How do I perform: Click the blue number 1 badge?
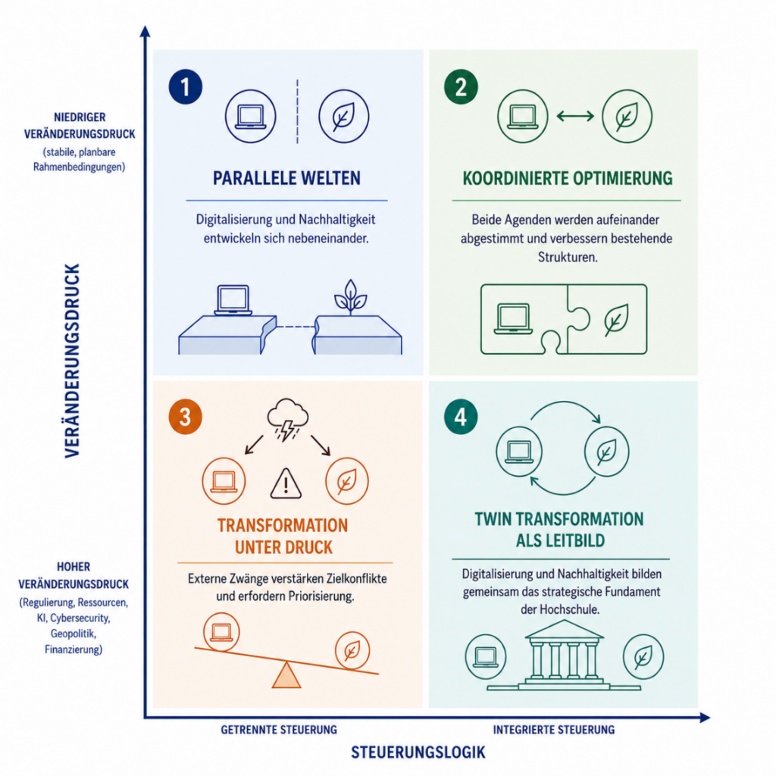tap(186, 87)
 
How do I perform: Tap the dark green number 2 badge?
tap(461, 87)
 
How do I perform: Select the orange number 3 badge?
tap(185, 418)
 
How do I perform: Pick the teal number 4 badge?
tap(461, 418)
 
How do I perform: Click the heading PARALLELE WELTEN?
tap(286, 178)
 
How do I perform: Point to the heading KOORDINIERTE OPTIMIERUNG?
tap(568, 178)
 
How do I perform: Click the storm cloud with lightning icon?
tap(287, 418)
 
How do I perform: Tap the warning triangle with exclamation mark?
tap(286, 483)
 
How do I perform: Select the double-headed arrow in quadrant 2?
tap(575, 116)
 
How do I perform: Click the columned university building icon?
tap(564, 655)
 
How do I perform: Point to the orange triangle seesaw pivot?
tap(286, 675)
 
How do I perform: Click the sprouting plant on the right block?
tap(350, 297)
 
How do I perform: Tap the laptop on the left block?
tap(233, 300)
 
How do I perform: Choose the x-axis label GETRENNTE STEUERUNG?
tap(279, 730)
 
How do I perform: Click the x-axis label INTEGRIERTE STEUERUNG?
tap(554, 730)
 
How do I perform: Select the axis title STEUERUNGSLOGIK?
tap(418, 753)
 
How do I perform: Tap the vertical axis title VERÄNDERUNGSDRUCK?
tap(72, 361)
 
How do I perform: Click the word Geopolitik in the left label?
tap(74, 634)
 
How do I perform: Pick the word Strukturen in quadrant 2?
tap(568, 258)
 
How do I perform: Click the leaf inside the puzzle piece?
tap(616, 321)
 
